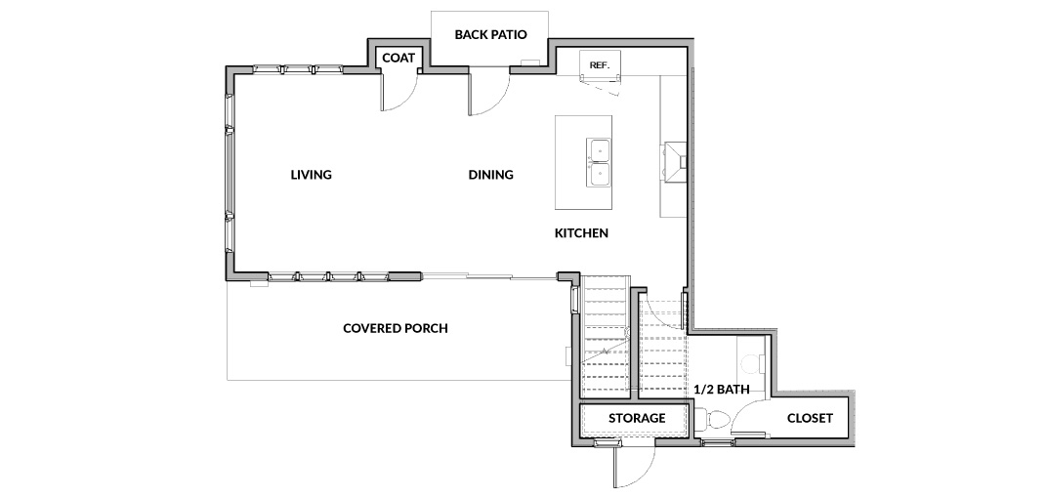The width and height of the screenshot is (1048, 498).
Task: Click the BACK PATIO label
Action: click(x=490, y=35)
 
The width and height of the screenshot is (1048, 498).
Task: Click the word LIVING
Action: click(x=312, y=175)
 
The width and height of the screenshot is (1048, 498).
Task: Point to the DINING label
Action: click(x=490, y=175)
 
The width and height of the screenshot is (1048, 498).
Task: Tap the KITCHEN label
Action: click(x=581, y=233)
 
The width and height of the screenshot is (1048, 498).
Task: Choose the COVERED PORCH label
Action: click(x=395, y=329)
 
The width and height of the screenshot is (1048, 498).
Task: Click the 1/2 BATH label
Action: click(x=721, y=389)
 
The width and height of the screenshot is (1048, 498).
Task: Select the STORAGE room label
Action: click(x=637, y=419)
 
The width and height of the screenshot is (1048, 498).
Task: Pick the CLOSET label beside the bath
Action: click(x=810, y=419)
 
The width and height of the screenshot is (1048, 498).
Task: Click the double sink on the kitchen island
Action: click(x=598, y=162)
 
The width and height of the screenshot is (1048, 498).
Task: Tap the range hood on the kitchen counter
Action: click(x=674, y=161)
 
